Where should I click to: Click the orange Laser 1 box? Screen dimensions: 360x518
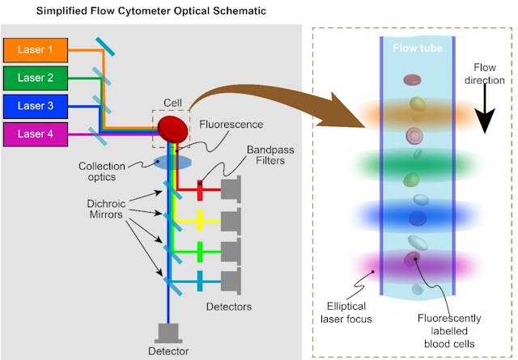click(x=36, y=49)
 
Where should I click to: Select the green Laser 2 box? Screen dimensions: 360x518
click(x=36, y=78)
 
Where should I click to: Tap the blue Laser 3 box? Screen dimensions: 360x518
click(x=36, y=106)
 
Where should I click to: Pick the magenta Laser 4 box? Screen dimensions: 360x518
click(x=36, y=134)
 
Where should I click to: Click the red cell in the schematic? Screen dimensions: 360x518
click(x=171, y=128)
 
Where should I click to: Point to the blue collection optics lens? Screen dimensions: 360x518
click(x=172, y=163)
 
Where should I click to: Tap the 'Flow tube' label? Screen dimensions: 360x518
click(x=417, y=49)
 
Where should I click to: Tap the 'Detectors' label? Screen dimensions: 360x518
click(x=229, y=307)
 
